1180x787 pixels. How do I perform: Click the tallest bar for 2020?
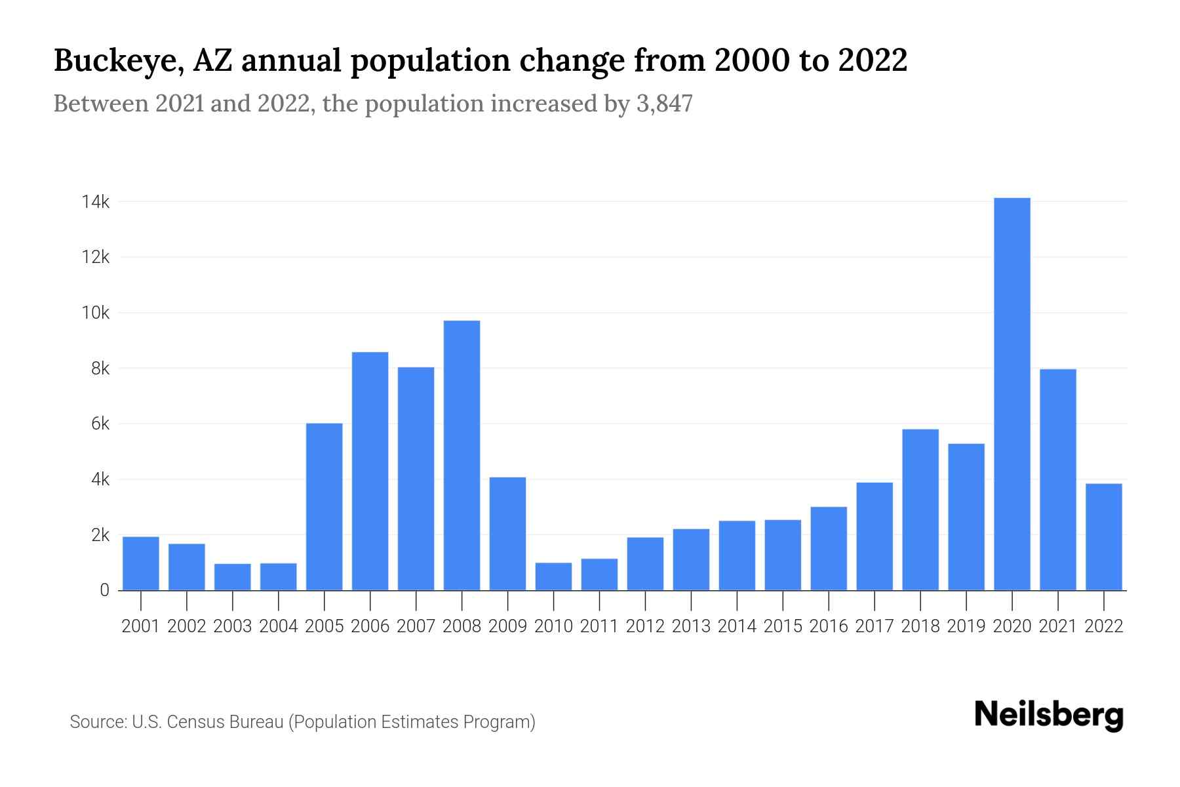(1012, 393)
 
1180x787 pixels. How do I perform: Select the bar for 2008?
(462, 455)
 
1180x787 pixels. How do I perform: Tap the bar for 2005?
(324, 506)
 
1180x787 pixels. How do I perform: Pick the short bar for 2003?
(232, 577)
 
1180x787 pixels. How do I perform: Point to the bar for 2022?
(1103, 536)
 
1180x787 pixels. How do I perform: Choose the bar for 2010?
(553, 576)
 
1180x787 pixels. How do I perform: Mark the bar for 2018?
(920, 510)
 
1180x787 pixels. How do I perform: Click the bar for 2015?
(783, 555)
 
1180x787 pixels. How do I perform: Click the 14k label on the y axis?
(96, 202)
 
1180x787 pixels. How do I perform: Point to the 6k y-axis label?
(100, 424)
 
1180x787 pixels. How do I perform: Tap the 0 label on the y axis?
(104, 590)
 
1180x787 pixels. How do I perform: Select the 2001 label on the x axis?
(141, 626)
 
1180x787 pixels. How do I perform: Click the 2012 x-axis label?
(645, 626)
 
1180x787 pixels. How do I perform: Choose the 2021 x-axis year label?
(1057, 626)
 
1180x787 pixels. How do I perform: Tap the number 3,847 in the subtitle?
(664, 104)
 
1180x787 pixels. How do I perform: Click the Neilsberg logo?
(1049, 715)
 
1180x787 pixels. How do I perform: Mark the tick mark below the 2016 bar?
(829, 600)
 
